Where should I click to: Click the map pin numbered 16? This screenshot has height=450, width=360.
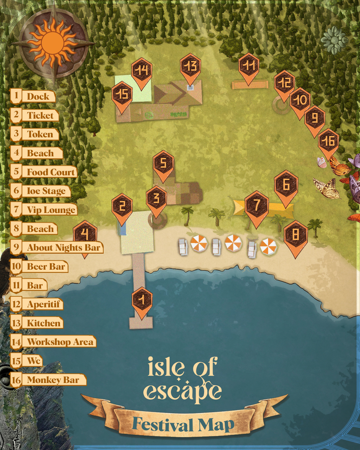[x=328, y=141]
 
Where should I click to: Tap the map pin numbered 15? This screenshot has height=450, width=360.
[x=122, y=94]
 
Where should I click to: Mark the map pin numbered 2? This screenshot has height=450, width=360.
[x=122, y=206]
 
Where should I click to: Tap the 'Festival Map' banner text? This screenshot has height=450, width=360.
[x=184, y=425]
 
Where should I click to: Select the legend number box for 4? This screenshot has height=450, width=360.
[x=16, y=153]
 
